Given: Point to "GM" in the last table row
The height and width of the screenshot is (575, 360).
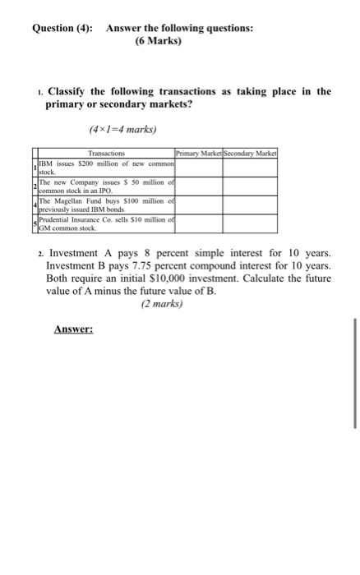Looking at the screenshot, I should (45, 228).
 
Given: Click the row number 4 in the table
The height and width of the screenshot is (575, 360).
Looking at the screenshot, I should (33, 205).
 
